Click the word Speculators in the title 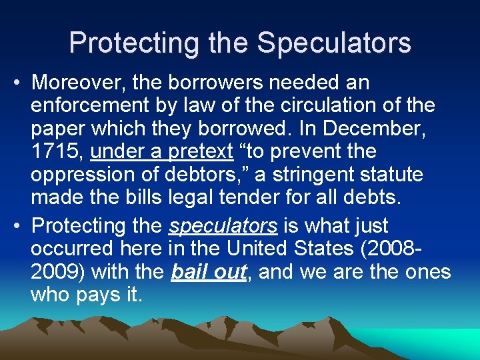(334, 43)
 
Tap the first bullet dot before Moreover (19, 83)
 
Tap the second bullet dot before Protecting (19, 226)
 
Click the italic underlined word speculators (223, 226)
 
